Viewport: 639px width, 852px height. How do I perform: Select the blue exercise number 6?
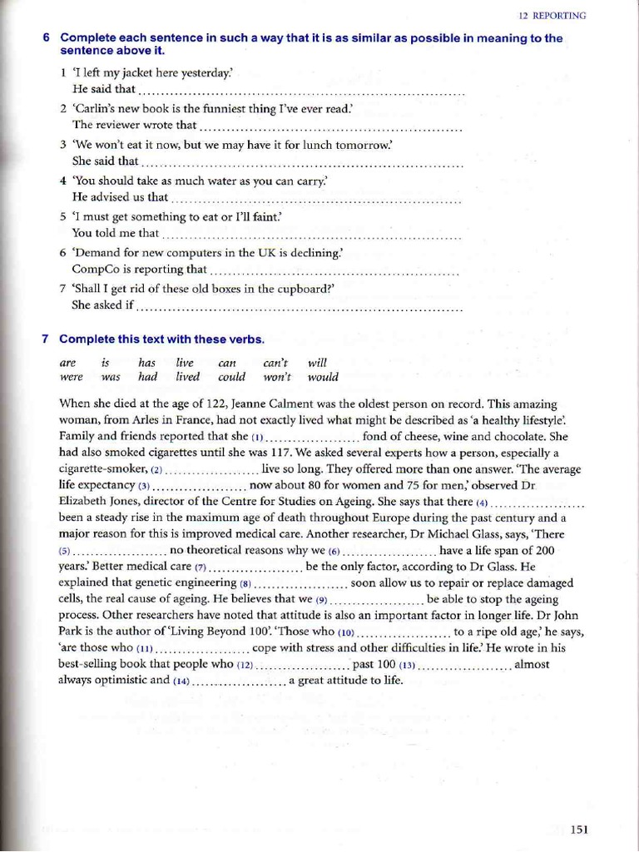(47, 38)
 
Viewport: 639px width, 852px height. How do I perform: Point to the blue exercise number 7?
(47, 339)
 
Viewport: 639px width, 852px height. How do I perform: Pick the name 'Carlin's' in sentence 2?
(94, 109)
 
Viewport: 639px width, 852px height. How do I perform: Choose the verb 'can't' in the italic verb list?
(275, 363)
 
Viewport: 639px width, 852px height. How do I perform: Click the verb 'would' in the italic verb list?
(323, 377)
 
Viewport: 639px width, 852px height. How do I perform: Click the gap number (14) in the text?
(182, 681)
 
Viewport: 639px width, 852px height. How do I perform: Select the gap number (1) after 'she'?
(258, 437)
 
